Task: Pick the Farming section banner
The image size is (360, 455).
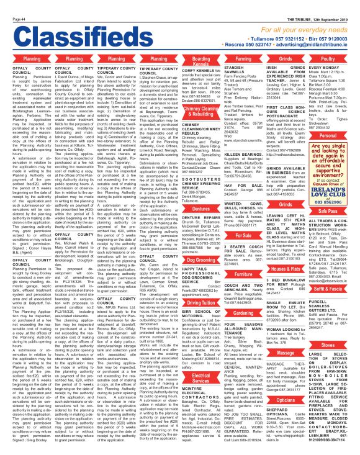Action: [x=262, y=58]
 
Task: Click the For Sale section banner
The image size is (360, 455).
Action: [x=262, y=236]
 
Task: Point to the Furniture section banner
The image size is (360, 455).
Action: [x=262, y=273]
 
